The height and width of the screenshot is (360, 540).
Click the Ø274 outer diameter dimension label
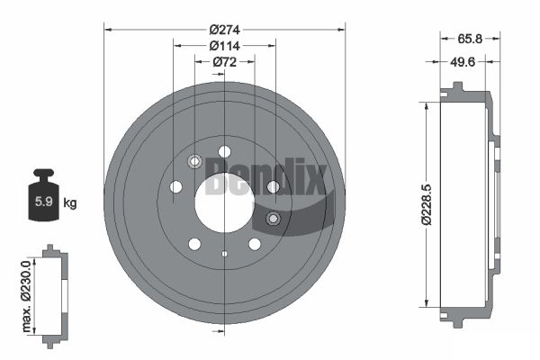(224, 30)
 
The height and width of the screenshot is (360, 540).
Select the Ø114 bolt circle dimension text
(224, 46)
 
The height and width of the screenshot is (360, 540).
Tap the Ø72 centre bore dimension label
(224, 62)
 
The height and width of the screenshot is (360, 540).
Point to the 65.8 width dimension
(470, 39)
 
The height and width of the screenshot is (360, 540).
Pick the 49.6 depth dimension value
(463, 62)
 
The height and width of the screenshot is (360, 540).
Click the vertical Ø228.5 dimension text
(427, 204)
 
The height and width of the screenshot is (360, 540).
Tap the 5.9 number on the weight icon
(44, 202)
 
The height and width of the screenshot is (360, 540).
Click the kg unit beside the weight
(70, 203)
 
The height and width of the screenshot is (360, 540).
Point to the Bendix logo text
(265, 176)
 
